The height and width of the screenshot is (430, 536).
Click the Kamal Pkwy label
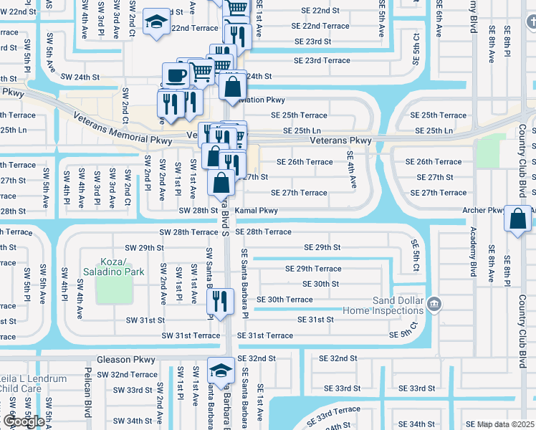pos(257,211)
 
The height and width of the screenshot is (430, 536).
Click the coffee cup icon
pos(176,75)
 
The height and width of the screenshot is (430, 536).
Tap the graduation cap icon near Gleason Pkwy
pos(221,370)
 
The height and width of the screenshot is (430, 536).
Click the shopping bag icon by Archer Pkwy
pos(517,218)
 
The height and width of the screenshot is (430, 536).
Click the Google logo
pos(24,421)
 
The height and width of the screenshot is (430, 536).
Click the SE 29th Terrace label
pos(313,269)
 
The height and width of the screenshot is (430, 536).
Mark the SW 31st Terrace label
pos(191,335)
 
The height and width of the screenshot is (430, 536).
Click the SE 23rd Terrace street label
pos(317,60)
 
